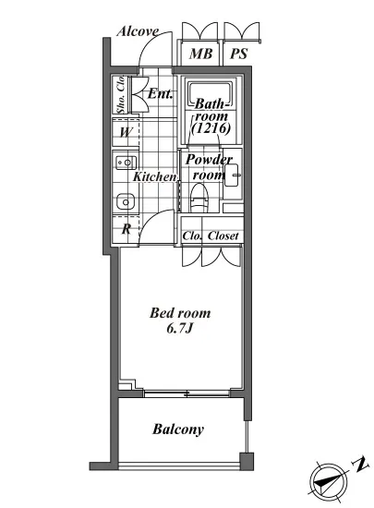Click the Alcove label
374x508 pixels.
click(x=138, y=31)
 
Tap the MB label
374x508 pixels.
click(x=200, y=54)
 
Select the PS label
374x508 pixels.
click(x=238, y=54)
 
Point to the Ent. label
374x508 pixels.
click(x=160, y=94)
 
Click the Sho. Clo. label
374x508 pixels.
click(x=121, y=94)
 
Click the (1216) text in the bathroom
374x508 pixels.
click(x=211, y=128)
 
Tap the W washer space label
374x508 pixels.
click(x=127, y=132)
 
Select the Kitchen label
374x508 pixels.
click(x=155, y=177)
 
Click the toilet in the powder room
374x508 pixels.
click(x=199, y=198)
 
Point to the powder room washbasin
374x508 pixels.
click(x=232, y=175)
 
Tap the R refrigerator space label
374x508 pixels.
click(x=127, y=229)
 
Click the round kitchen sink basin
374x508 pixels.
click(x=126, y=202)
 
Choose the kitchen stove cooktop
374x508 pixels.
click(x=126, y=163)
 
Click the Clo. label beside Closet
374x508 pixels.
click(x=192, y=236)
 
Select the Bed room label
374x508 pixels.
click(x=180, y=313)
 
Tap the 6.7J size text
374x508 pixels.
click(x=180, y=329)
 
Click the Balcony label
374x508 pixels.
click(x=178, y=429)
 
